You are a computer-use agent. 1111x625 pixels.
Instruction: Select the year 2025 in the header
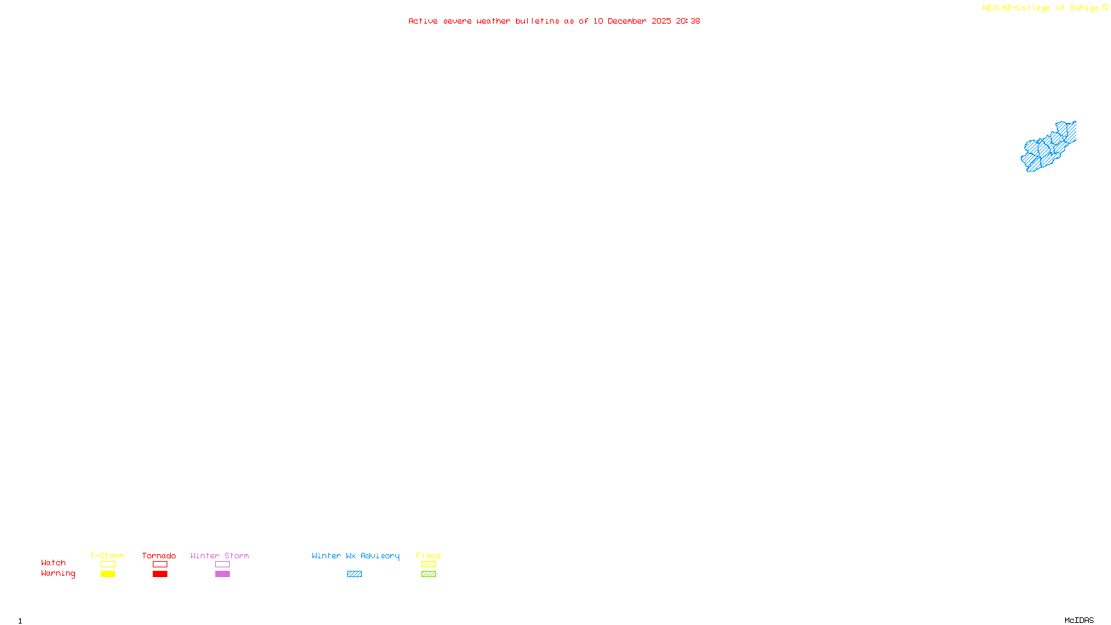coord(661,21)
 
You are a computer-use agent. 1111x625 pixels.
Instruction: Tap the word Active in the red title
coord(423,21)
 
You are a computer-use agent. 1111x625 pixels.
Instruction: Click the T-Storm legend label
coord(107,556)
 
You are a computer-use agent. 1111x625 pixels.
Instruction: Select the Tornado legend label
coord(159,556)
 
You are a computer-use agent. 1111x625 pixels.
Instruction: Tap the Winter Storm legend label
coord(219,556)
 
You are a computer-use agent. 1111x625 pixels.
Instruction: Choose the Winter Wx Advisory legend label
coord(356,556)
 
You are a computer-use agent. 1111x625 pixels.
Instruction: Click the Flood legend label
coord(428,556)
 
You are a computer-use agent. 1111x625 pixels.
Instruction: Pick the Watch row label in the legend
coord(53,562)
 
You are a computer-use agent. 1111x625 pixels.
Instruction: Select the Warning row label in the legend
coord(58,574)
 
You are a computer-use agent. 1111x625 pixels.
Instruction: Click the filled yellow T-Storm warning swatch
coord(108,574)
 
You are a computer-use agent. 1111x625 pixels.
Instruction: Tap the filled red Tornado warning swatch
coord(160,574)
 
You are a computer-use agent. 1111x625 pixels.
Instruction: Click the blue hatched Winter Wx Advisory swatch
coord(354,574)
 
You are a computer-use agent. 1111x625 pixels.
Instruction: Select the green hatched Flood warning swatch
coord(428,574)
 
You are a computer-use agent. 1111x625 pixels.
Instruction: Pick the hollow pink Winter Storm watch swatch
coord(222,565)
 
